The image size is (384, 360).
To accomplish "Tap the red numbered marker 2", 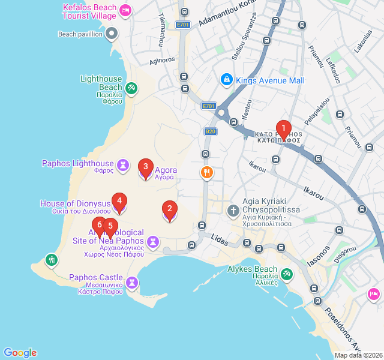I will [170, 209].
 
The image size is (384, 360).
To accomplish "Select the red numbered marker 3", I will [145, 167].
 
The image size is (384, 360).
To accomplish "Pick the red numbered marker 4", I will [119, 202].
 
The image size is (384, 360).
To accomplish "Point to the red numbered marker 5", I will [110, 227].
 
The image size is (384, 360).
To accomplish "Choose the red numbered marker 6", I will [100, 226].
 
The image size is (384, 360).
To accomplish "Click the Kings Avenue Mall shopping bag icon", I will [226, 79].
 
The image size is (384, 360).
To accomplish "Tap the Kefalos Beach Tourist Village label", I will [90, 11].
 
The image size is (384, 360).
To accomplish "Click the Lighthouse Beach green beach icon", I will [132, 89].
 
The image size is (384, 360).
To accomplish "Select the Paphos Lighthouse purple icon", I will [123, 164].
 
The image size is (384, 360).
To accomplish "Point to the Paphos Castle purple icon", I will [132, 281].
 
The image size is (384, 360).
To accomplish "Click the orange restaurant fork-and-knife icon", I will [206, 173].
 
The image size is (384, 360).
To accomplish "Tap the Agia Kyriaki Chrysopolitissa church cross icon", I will [233, 211].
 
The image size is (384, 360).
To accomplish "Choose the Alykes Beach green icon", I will [287, 274].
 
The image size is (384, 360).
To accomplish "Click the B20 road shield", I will [210, 131].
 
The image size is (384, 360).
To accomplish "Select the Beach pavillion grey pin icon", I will [112, 34].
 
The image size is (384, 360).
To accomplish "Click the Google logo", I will [20, 353].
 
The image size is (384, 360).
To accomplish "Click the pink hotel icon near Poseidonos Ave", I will [373, 293].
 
